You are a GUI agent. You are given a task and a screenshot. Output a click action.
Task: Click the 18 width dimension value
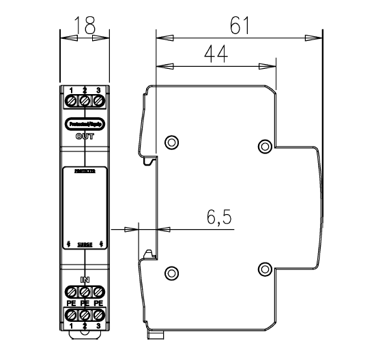click(85, 26)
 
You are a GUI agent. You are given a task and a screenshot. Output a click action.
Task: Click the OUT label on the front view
click(85, 136)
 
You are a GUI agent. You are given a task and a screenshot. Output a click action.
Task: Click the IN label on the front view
click(85, 280)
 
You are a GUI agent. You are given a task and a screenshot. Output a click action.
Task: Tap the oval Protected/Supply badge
click(85, 124)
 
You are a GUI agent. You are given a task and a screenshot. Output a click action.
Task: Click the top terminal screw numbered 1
click(71, 102)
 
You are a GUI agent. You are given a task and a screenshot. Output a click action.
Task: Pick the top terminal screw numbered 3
click(98, 102)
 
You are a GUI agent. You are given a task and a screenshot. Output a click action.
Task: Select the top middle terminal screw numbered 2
click(85, 102)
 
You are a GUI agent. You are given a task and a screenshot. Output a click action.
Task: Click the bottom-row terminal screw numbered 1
click(71, 315)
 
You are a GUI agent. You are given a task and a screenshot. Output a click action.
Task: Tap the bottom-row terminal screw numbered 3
click(98, 315)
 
